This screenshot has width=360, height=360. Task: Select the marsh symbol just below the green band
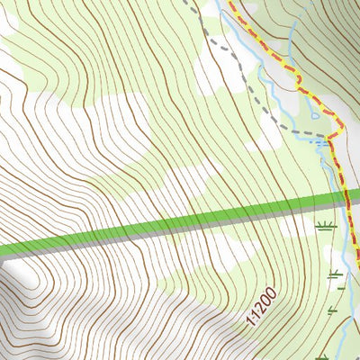pyautogui.click(x=327, y=224)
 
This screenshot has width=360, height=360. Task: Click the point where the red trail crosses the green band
pyautogui.click(x=344, y=199)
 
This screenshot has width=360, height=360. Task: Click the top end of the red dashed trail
pyautogui.click(x=225, y=3)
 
